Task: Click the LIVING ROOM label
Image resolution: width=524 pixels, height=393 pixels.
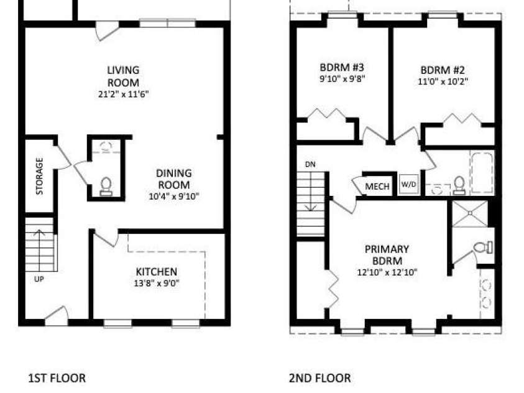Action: (x=123, y=76)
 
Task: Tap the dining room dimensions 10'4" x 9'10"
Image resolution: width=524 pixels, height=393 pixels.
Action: (x=174, y=196)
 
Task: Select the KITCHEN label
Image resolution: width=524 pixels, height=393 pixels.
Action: (x=157, y=271)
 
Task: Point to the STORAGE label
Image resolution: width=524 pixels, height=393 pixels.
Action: (x=39, y=176)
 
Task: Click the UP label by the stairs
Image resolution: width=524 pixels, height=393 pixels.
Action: (x=39, y=279)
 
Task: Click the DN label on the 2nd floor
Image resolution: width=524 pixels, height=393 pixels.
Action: (x=310, y=164)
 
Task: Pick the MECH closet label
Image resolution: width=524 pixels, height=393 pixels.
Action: (x=377, y=186)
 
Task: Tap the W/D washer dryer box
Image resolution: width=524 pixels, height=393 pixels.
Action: (x=409, y=184)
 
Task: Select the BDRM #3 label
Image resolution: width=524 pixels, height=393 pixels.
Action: (x=342, y=67)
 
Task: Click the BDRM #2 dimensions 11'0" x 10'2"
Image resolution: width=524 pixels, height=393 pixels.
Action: (x=443, y=81)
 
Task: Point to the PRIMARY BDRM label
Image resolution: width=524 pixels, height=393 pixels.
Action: (x=387, y=255)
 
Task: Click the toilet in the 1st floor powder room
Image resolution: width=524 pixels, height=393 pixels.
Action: (x=106, y=186)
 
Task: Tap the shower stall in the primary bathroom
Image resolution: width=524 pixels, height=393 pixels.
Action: (x=469, y=213)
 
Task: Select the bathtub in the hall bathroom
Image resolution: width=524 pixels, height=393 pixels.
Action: (x=482, y=172)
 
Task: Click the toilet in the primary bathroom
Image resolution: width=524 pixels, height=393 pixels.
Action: (x=483, y=247)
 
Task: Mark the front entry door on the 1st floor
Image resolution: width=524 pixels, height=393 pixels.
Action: (x=57, y=315)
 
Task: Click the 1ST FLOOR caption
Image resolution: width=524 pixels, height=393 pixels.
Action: (x=57, y=378)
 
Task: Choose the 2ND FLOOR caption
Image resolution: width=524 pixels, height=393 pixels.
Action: (x=320, y=378)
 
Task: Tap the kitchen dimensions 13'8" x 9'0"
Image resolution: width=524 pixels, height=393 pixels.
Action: (x=157, y=284)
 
